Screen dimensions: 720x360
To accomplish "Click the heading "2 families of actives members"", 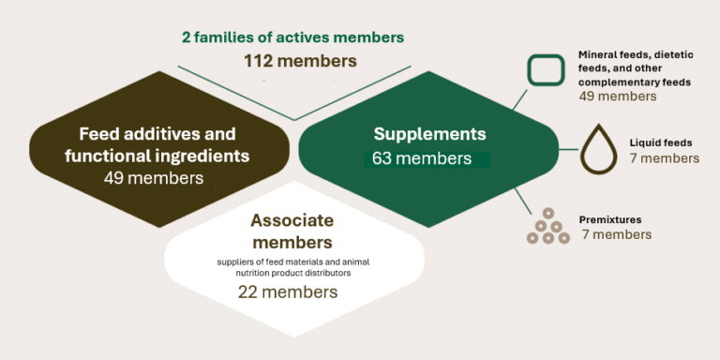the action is point(292,37).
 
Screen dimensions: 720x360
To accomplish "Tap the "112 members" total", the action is point(300,61).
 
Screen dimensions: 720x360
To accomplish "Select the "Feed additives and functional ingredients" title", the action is point(157,144).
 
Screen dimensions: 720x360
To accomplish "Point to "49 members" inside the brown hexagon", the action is point(154,178).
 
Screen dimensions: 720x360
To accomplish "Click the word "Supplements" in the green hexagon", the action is point(429,135).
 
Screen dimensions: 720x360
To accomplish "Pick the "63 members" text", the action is point(422,158).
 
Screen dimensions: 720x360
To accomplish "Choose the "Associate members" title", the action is point(292,231).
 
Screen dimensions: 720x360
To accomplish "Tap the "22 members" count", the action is point(288,292).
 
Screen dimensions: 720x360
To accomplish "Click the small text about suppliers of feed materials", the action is point(293,267).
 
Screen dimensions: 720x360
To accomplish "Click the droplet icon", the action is point(599,149).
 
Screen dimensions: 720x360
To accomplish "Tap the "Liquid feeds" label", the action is point(661,143).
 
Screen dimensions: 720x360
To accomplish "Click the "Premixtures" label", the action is point(610,219).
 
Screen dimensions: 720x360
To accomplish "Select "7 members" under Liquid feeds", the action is point(665,158).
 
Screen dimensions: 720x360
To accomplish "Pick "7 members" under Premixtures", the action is point(617,234).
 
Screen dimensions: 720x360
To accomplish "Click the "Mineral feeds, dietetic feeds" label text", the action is point(636,68).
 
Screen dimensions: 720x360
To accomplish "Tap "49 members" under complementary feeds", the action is point(618,97).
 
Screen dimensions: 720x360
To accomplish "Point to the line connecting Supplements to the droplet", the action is point(567,149).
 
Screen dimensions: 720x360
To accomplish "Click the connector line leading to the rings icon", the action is point(523,201).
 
